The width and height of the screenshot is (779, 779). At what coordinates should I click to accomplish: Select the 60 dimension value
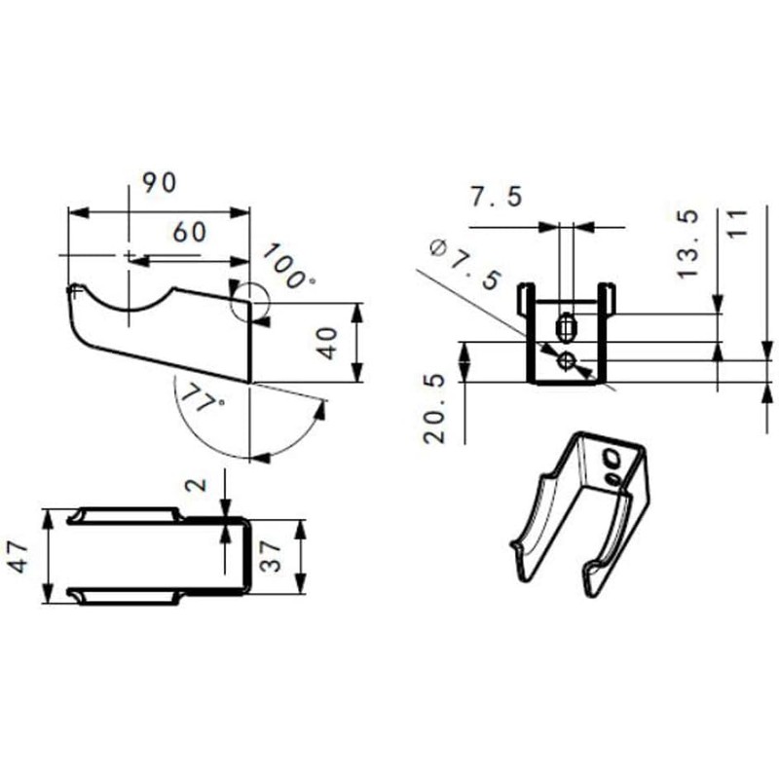[191, 233]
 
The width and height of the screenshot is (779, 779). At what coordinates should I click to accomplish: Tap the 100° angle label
[287, 266]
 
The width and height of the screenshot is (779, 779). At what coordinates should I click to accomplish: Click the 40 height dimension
[328, 343]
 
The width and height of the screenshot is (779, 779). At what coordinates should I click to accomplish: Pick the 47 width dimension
[20, 557]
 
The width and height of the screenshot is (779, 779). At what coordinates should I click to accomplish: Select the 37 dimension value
[275, 556]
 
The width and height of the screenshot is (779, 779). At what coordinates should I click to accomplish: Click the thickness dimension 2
[199, 484]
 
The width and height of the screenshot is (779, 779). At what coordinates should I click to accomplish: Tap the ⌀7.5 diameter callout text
[464, 264]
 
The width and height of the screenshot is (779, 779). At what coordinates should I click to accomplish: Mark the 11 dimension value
[736, 223]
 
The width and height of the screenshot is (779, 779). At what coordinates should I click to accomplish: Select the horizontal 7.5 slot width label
[496, 197]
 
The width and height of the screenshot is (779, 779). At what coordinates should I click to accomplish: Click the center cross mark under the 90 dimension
[128, 255]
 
